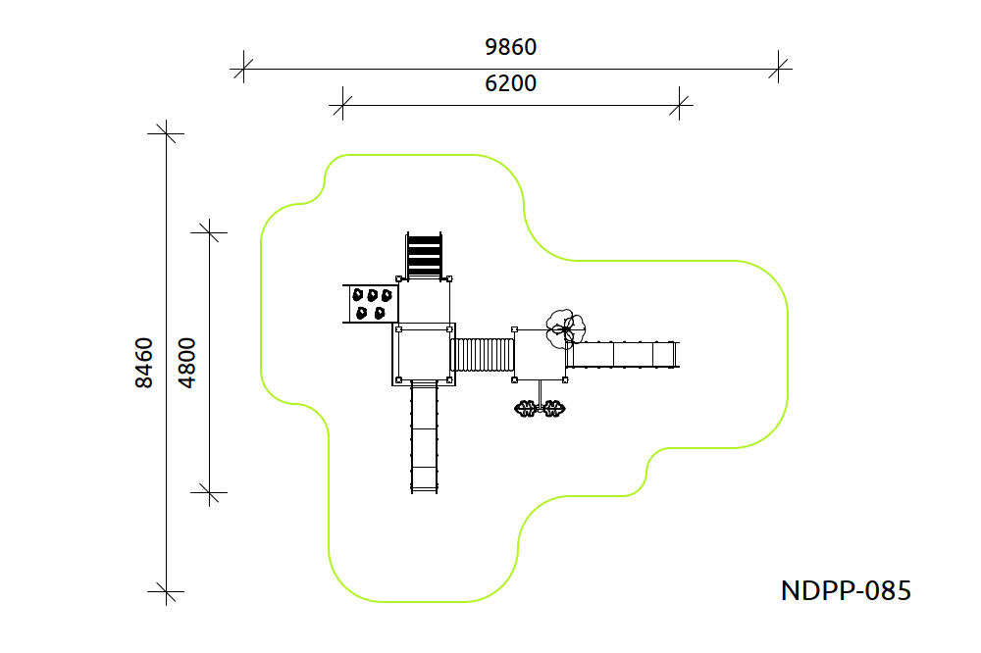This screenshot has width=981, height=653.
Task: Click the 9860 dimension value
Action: (x=511, y=46)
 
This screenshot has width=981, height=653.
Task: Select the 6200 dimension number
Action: (x=511, y=83)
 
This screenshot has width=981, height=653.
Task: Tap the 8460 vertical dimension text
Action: (x=144, y=363)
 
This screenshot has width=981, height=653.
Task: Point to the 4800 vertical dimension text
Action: (x=187, y=363)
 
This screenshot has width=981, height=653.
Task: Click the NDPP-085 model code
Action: (x=846, y=590)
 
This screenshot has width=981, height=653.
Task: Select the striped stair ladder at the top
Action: (x=425, y=256)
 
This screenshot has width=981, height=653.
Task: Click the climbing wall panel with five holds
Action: (x=371, y=303)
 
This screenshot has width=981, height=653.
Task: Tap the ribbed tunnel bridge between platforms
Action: (x=484, y=355)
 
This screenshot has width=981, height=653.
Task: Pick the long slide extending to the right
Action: (x=623, y=354)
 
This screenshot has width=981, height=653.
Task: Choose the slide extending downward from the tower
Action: (x=424, y=437)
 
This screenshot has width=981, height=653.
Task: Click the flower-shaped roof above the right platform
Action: (x=565, y=327)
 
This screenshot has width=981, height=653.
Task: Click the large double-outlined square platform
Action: (x=425, y=353)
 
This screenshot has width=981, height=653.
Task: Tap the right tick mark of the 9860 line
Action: (x=780, y=69)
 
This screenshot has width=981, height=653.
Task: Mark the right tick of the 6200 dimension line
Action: (x=680, y=104)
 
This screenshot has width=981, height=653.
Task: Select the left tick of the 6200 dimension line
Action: (x=341, y=104)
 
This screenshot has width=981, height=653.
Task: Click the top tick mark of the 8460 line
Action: (x=167, y=133)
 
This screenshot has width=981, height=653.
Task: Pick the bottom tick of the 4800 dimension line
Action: (x=210, y=492)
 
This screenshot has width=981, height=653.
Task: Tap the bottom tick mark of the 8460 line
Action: (x=167, y=591)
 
